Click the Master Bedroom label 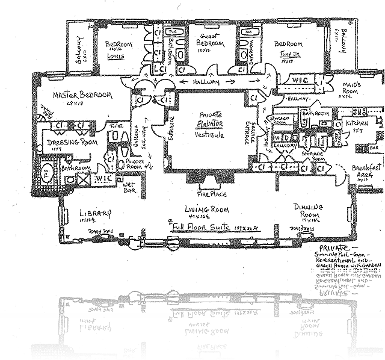coord(82,96)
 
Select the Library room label coord(96,213)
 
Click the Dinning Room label coord(309,206)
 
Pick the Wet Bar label coord(129,193)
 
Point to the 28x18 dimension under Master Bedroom coord(82,104)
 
